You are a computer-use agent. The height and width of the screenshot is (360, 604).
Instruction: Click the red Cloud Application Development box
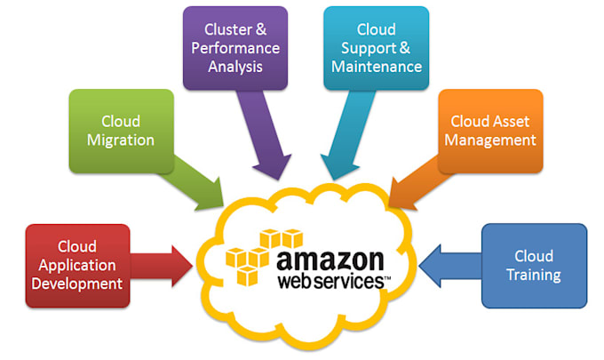coord(77,265)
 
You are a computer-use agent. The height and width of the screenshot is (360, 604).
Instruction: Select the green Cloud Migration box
coord(121,131)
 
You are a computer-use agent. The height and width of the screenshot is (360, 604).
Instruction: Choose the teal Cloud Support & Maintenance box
coord(375,48)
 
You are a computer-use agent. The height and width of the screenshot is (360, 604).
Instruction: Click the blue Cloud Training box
coord(533,265)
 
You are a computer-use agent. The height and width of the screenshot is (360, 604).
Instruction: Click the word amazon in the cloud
coord(331,260)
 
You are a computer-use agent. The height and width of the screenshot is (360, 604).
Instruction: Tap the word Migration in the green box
coord(121,140)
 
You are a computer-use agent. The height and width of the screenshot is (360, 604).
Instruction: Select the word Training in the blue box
coord(533,275)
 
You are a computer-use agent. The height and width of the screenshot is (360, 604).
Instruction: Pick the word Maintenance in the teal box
coord(375,67)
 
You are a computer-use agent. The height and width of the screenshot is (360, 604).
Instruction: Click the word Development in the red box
coord(77,284)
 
